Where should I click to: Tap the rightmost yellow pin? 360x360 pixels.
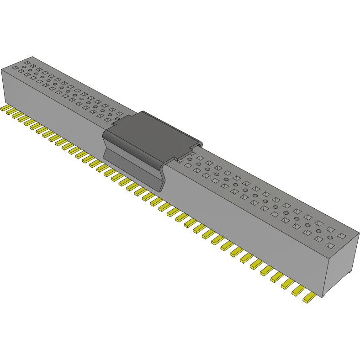click(309, 298)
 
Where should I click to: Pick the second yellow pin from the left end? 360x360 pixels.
click(12, 113)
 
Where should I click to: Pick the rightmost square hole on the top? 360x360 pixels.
click(341, 236)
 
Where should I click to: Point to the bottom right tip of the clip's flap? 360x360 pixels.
click(161, 190)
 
